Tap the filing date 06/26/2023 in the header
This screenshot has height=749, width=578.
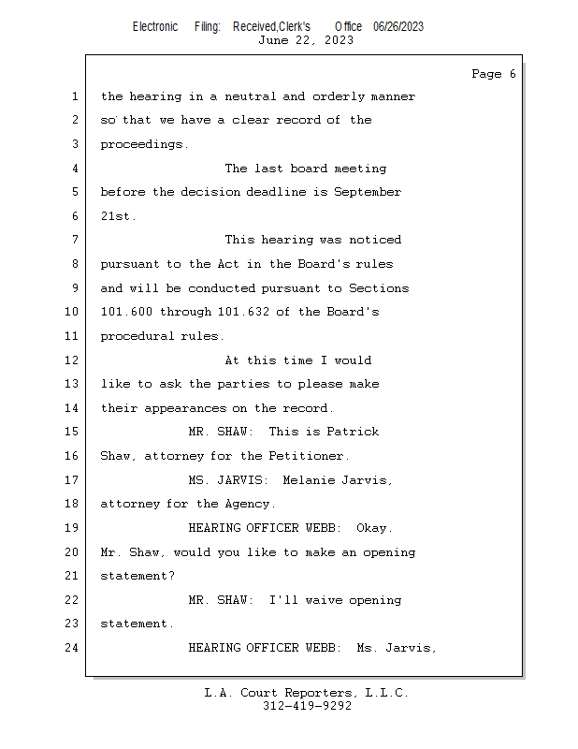coord(398,27)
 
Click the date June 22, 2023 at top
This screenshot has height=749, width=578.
coord(305,40)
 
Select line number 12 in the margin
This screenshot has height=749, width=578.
coord(73,360)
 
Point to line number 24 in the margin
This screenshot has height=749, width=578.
coord(73,648)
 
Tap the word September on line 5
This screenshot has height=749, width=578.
coord(368,192)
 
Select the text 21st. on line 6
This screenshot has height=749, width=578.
coord(119,216)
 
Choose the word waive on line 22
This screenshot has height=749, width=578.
coord(324,600)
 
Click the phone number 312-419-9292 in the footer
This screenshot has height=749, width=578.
coord(307,706)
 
